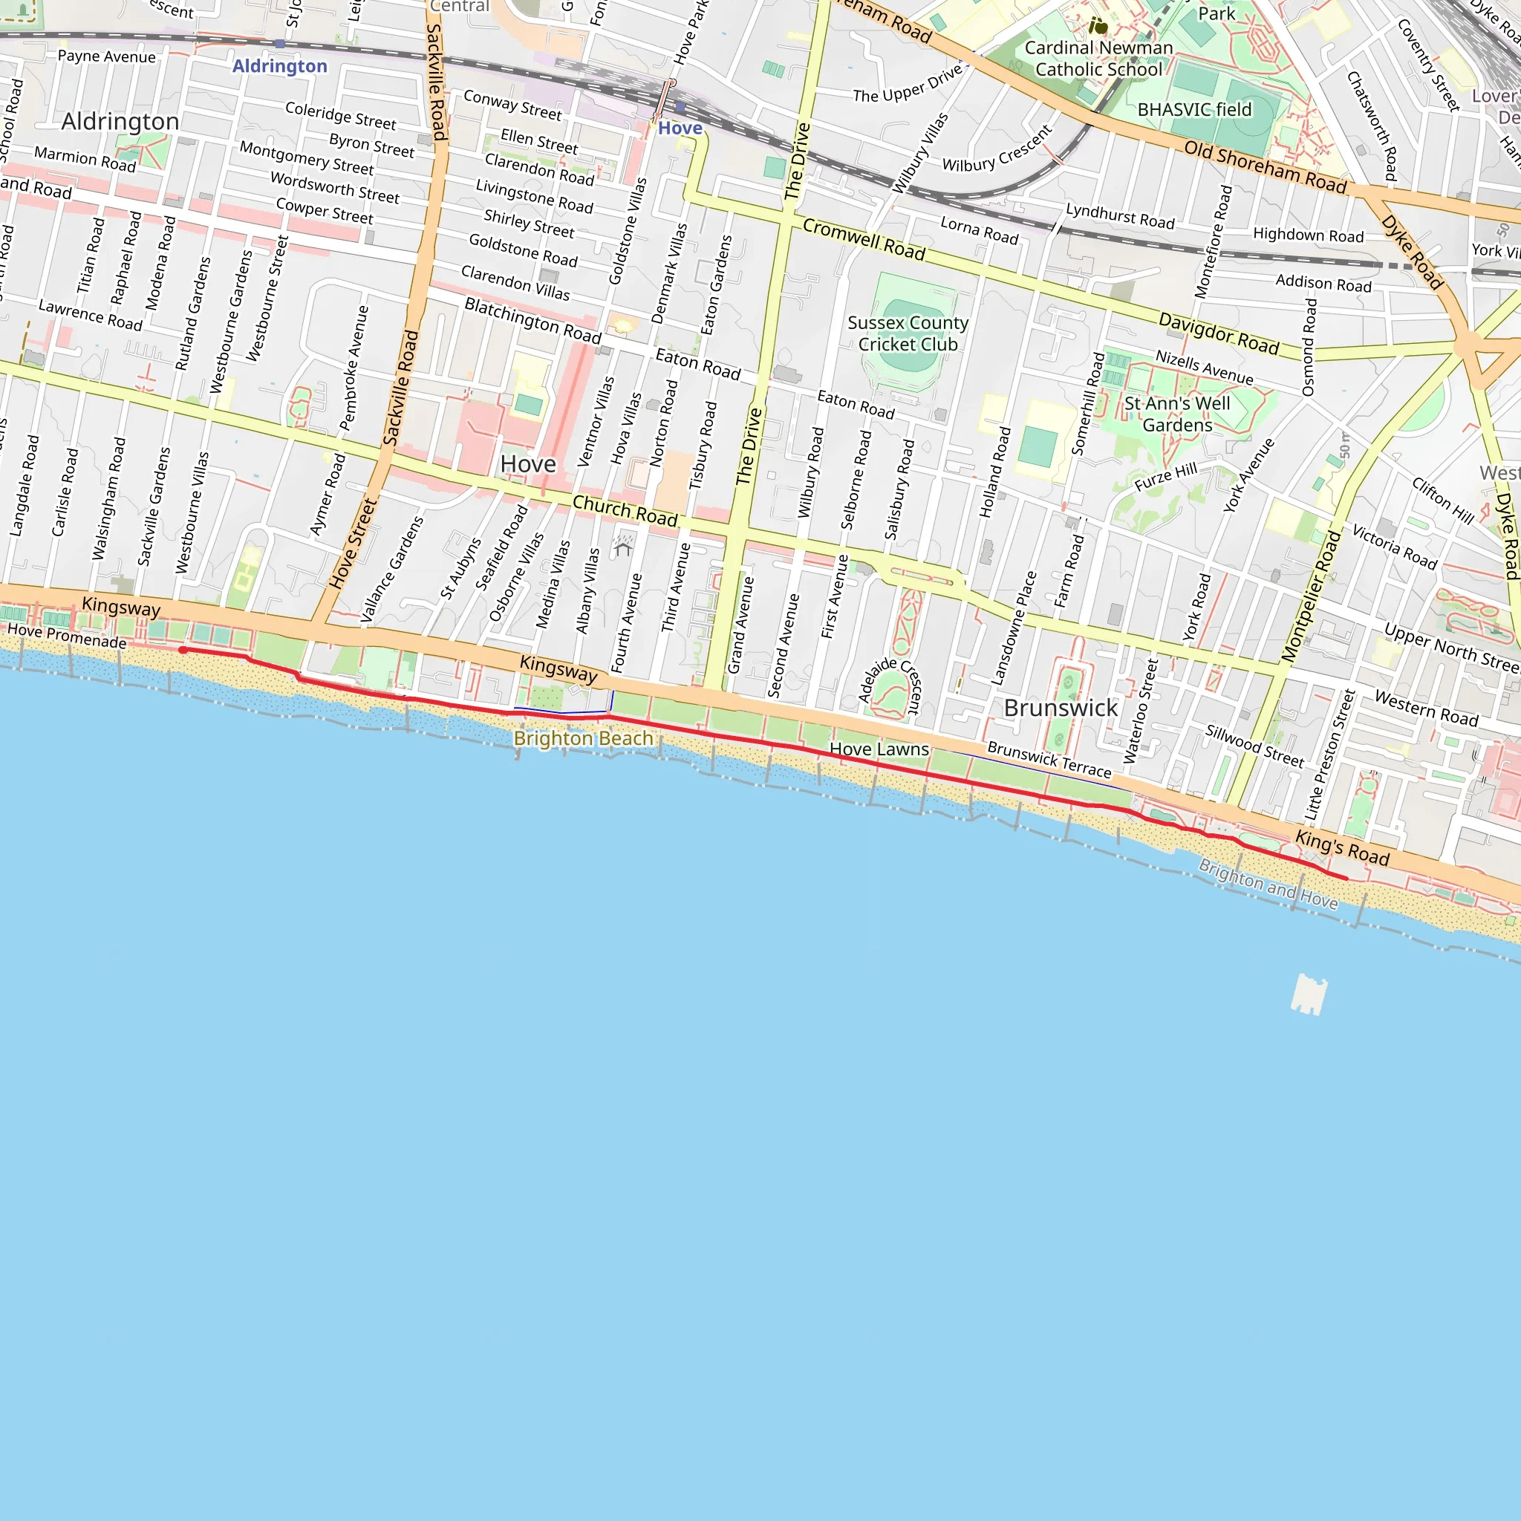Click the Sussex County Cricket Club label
(x=908, y=333)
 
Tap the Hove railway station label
(x=680, y=128)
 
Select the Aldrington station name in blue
(x=279, y=66)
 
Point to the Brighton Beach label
(x=583, y=738)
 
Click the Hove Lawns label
(x=879, y=749)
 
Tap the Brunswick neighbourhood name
(x=1061, y=708)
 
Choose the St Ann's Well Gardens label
(x=1177, y=414)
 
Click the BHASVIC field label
(x=1194, y=109)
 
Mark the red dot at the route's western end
(x=183, y=650)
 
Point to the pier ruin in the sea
(x=1309, y=994)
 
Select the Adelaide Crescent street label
(x=890, y=683)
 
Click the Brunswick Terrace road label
(x=1049, y=760)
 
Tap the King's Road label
(x=1342, y=848)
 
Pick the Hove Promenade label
(x=67, y=636)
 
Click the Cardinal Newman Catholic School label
(x=1098, y=59)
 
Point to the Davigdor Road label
(x=1218, y=333)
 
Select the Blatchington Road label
(x=533, y=320)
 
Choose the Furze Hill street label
(x=1165, y=477)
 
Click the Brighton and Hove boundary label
(x=1268, y=884)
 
